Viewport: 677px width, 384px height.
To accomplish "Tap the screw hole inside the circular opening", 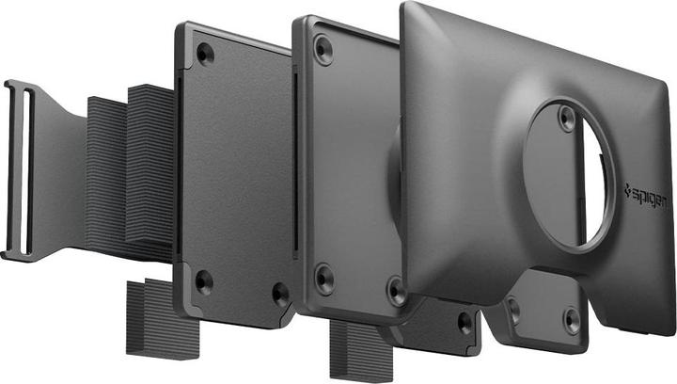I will pyautogui.click(x=565, y=118).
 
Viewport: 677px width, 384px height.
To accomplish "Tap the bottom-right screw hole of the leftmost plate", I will pyautogui.click(x=280, y=293).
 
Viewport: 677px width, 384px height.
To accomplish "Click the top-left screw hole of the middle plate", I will pyautogui.click(x=323, y=47).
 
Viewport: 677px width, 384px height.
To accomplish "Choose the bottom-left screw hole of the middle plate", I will pyautogui.click(x=324, y=278).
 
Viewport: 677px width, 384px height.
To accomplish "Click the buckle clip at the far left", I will pyautogui.click(x=23, y=169).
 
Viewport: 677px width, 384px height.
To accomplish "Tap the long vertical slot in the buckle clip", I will pyautogui.click(x=25, y=169).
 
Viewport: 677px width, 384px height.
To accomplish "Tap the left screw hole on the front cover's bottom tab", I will pyautogui.click(x=513, y=308).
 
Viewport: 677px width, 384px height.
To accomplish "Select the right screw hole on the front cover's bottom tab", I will pyautogui.click(x=572, y=318).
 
